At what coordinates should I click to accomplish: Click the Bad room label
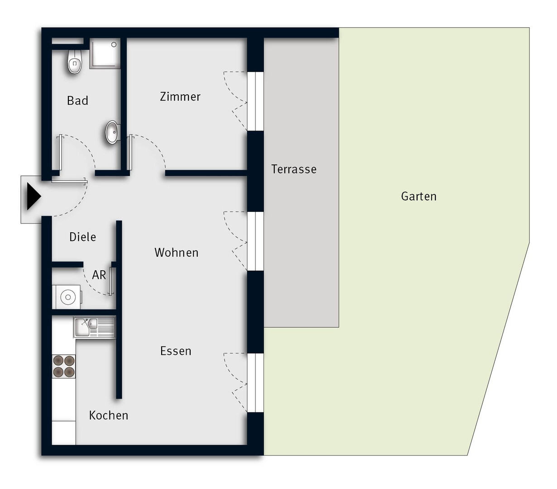click(77, 101)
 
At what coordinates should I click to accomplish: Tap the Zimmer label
click(180, 97)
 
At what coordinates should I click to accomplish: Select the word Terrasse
click(293, 169)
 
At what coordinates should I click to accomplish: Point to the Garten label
click(418, 196)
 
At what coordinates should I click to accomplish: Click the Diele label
click(83, 237)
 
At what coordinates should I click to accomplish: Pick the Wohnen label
click(176, 252)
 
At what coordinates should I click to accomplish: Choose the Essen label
click(176, 351)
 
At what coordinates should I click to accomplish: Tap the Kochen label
click(109, 415)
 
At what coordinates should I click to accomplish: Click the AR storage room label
click(99, 275)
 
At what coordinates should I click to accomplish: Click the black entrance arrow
click(34, 197)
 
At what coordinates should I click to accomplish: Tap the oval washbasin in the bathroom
click(113, 132)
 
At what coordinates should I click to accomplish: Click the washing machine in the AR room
click(67, 297)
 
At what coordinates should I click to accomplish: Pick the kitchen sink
click(95, 327)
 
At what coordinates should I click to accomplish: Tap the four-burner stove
click(64, 366)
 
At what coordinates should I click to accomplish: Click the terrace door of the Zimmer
click(255, 101)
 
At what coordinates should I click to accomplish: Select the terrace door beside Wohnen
click(255, 241)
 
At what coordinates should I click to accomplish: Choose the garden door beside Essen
click(255, 383)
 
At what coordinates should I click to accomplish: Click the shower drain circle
click(114, 44)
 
